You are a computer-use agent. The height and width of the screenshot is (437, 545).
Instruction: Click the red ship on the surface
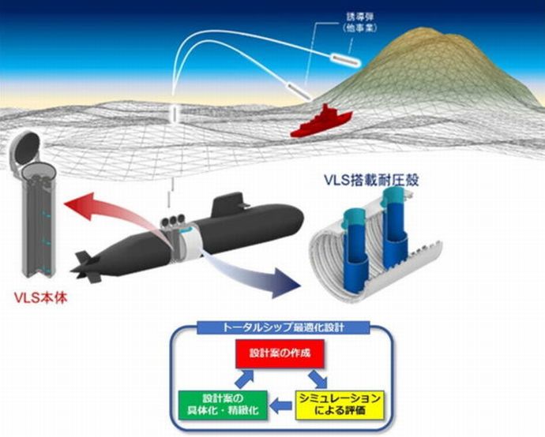(319, 121)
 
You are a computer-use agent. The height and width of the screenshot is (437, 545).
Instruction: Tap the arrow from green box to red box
(214, 375)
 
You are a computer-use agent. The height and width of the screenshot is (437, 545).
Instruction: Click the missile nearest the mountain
(340, 58)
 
